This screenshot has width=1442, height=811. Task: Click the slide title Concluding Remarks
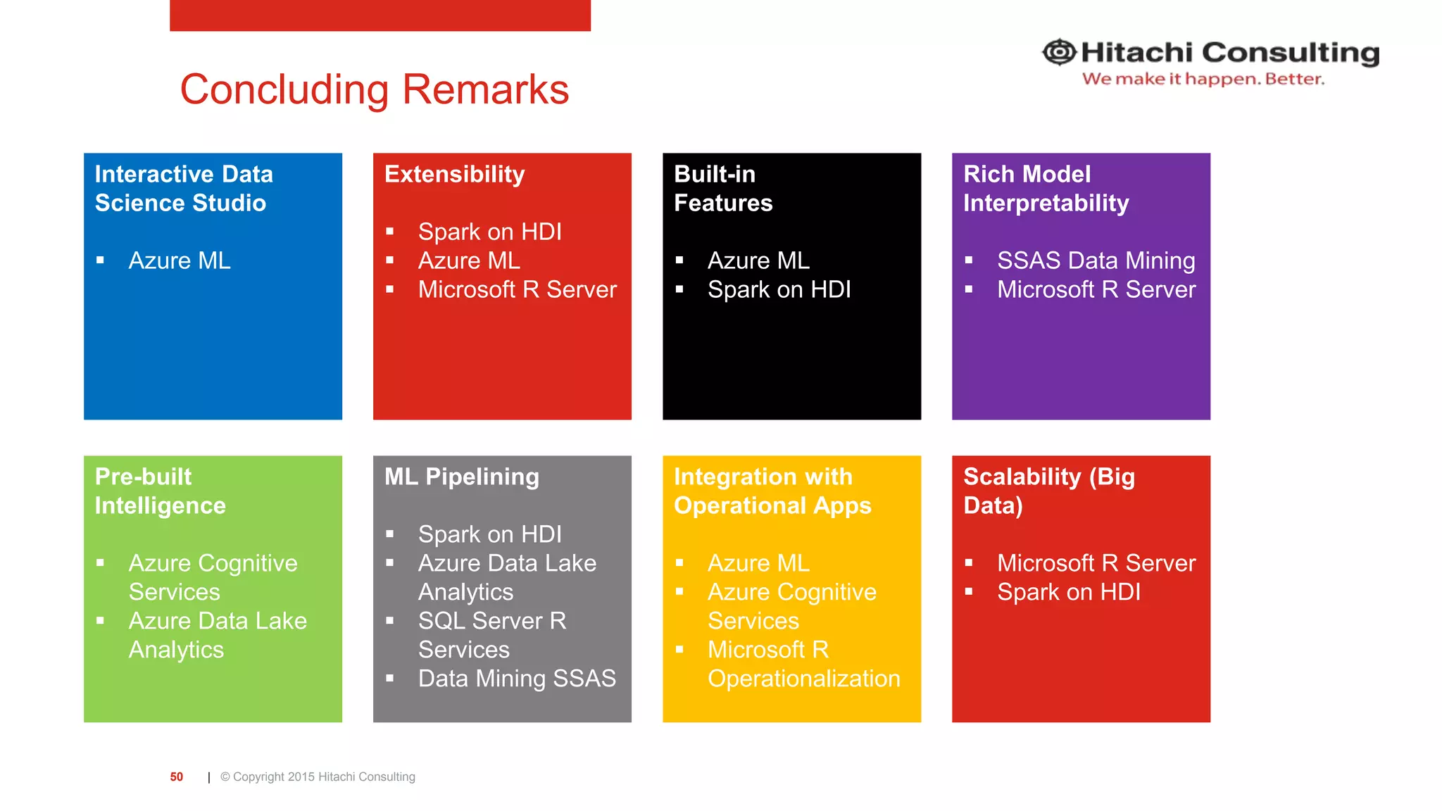(x=374, y=89)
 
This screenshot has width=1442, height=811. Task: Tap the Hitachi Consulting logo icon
(x=1059, y=52)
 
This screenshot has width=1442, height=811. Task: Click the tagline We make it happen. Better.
(x=1203, y=79)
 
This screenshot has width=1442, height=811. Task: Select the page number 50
(x=176, y=777)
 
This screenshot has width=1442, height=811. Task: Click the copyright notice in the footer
(x=318, y=777)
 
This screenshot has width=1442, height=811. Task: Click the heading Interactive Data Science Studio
(x=183, y=189)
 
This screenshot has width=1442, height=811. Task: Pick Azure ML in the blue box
(x=179, y=260)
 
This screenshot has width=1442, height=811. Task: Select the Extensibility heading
(x=454, y=174)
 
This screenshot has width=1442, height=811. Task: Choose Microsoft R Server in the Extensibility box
(x=517, y=289)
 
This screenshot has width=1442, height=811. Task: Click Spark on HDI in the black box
(x=779, y=289)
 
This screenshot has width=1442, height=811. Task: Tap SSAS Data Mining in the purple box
(x=1096, y=260)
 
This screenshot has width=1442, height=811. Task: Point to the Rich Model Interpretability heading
(x=1046, y=189)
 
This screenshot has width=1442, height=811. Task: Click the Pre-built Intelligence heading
(x=160, y=491)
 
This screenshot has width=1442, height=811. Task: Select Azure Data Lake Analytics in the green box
(x=217, y=635)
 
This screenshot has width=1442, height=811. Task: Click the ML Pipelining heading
(x=461, y=477)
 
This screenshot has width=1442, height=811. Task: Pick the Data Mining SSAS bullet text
(x=516, y=679)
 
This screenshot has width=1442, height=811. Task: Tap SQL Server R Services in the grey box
(x=491, y=635)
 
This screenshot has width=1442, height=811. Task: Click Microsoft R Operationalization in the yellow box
(x=803, y=664)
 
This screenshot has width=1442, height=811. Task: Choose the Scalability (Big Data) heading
(x=1048, y=491)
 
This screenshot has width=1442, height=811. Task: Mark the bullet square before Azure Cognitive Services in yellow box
(x=679, y=592)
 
